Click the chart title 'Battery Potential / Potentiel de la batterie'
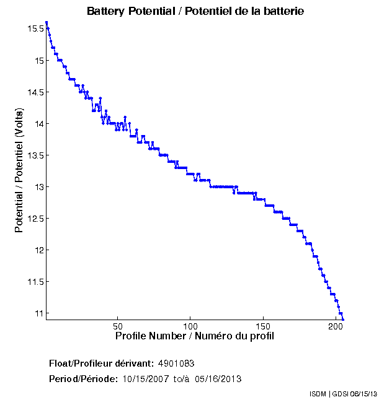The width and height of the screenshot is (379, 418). (x=195, y=11)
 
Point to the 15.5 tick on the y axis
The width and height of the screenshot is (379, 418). (x=35, y=28)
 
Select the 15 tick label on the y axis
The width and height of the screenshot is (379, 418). (x=38, y=61)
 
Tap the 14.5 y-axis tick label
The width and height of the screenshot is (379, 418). (x=35, y=92)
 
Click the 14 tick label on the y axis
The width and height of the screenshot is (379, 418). (x=38, y=124)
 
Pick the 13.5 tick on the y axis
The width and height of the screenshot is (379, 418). (x=35, y=155)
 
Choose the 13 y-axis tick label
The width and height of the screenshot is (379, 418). (x=38, y=187)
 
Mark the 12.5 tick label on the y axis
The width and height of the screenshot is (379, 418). (x=35, y=219)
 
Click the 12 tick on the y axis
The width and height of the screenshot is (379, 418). (x=38, y=250)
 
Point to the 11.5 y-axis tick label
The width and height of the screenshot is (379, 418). (x=35, y=282)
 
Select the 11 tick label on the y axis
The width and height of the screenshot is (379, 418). (x=38, y=313)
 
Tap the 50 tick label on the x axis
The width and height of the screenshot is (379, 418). (x=117, y=326)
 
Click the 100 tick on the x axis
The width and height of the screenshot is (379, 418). (x=190, y=326)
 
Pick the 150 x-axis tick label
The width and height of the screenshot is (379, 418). (x=263, y=326)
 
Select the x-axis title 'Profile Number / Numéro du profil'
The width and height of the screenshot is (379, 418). (x=195, y=336)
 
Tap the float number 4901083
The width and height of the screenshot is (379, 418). (x=177, y=363)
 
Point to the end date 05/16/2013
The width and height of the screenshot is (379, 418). (x=218, y=378)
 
